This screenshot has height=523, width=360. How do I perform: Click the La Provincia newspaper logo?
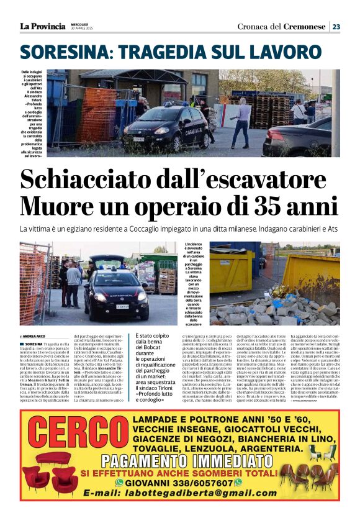(42, 26)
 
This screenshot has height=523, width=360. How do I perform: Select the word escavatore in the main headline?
(268, 180)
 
